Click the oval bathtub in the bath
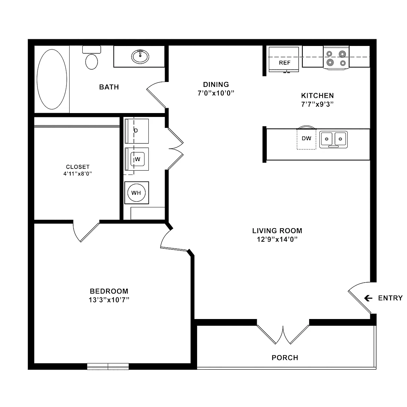52,79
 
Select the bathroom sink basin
140,57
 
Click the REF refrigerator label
285,63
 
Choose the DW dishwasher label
307,138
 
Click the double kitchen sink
333,140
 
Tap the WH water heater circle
136,193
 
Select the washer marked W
137,159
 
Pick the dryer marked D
137,131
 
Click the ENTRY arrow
368,298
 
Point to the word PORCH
285,358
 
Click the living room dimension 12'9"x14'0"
277,239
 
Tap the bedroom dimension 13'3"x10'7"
109,300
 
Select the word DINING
216,84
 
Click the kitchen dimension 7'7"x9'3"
317,104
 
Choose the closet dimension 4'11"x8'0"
78,174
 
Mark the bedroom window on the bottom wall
108,366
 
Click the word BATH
109,87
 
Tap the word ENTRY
390,298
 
